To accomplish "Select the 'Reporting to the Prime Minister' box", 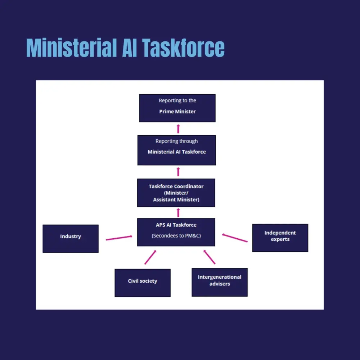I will [x=177, y=108].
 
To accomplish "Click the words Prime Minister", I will [x=177, y=112].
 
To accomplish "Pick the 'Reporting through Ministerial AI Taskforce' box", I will [x=177, y=150].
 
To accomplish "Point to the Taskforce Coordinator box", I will [x=176, y=193].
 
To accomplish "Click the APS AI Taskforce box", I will [x=176, y=232].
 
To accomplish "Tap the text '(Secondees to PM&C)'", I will [x=176, y=236].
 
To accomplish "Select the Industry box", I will [x=71, y=238].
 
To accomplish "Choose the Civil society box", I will [x=143, y=283].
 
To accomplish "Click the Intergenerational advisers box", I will [x=219, y=282].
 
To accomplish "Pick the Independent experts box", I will [x=280, y=238].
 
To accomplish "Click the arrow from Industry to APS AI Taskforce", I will [x=119, y=238].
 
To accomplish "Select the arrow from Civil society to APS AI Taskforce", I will [x=150, y=257].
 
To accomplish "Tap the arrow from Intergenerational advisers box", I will [x=210, y=257].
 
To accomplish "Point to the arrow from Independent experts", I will [x=235, y=238].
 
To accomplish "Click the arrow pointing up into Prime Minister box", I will [x=178, y=129].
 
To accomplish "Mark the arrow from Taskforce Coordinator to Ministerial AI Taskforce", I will [x=178, y=172].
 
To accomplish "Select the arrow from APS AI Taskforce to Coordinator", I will [x=178, y=212].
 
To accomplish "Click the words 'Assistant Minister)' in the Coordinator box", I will [x=176, y=199].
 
